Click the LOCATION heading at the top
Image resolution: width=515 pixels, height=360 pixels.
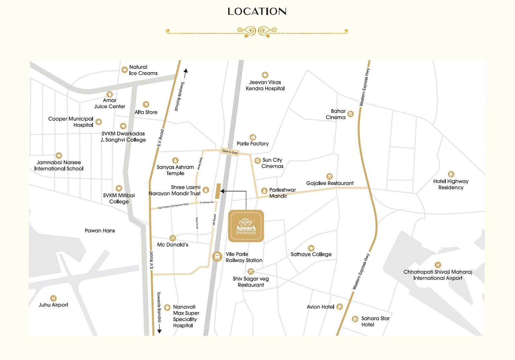point(257,12)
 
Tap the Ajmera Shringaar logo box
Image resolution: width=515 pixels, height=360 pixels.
point(246,226)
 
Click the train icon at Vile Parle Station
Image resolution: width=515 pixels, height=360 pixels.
point(217,256)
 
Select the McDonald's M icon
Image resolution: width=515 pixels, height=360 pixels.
point(173,238)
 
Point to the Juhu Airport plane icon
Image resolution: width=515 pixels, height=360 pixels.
point(53,298)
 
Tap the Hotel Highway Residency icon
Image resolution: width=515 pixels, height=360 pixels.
point(451,174)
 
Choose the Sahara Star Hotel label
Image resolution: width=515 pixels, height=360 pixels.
point(375,321)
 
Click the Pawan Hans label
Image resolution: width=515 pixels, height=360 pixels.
point(100,231)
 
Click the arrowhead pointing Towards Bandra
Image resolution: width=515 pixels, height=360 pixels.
point(159,331)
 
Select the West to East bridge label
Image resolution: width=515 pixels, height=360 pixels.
point(230,152)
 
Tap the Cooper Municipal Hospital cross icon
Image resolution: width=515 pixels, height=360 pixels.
point(99,122)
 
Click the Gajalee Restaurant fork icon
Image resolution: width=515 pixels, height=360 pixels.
point(329,176)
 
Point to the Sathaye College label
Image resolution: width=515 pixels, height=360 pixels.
point(311,254)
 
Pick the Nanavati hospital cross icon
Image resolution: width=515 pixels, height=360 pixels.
point(167,308)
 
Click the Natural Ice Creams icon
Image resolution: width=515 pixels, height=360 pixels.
point(125,70)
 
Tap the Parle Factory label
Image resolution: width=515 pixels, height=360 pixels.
point(252,144)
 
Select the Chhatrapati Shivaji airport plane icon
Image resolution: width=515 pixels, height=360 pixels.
point(438,265)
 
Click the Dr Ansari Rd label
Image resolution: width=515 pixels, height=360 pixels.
point(207,202)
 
